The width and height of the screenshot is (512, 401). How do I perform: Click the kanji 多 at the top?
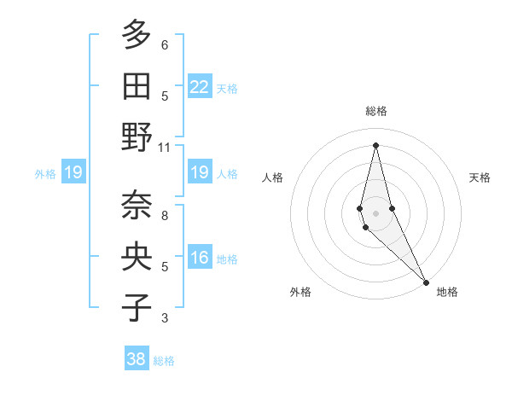(x=137, y=36)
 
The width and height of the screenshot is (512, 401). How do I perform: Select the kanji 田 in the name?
(x=137, y=86)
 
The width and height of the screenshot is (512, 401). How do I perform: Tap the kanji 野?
(x=137, y=137)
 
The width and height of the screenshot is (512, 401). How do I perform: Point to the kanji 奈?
(x=137, y=206)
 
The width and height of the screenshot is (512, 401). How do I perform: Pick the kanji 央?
(x=137, y=257)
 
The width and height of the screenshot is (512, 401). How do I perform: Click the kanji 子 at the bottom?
(x=137, y=307)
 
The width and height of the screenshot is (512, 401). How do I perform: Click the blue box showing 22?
(x=200, y=87)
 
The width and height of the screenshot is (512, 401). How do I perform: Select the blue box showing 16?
(x=200, y=258)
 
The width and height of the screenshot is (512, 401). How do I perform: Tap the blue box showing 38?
(x=137, y=359)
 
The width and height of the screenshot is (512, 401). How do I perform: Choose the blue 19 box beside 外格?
(x=73, y=173)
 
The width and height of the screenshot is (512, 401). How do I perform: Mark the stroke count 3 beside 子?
(x=164, y=318)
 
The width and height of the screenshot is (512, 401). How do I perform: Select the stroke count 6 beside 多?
(x=164, y=45)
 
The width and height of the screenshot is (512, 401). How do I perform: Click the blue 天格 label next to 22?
(x=227, y=89)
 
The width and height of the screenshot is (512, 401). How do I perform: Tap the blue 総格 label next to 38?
(x=164, y=361)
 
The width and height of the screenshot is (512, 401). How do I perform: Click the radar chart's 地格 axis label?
(x=447, y=292)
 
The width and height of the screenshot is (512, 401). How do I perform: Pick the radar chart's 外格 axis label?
(x=300, y=292)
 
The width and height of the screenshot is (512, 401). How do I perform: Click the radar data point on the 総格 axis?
(x=375, y=144)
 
